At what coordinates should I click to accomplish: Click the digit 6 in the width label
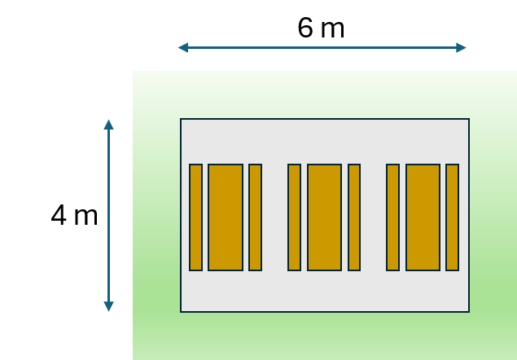point(305,28)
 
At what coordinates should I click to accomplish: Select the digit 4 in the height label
point(59,215)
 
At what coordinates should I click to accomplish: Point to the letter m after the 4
point(86,217)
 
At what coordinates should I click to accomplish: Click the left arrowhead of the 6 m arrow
point(183,47)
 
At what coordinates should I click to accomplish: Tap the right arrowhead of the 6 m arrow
point(461,47)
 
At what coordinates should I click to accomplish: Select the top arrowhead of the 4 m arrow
point(108,125)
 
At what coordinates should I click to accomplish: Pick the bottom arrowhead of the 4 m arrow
point(108,306)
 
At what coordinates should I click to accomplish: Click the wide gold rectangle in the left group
point(226,217)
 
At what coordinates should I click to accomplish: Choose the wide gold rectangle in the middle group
point(324,217)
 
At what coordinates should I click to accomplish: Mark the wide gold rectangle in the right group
point(423,217)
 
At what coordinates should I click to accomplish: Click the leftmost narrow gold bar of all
point(195,217)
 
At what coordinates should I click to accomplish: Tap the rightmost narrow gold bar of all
point(453,217)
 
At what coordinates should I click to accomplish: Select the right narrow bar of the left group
point(255,217)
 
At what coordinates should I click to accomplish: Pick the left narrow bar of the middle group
point(294,217)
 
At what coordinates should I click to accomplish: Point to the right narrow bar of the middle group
point(354,217)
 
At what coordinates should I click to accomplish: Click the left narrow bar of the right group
point(392,217)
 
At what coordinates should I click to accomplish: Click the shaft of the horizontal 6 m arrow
point(322,47)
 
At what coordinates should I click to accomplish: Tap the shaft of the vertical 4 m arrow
point(108,216)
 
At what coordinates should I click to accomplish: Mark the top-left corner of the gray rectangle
point(181,119)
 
